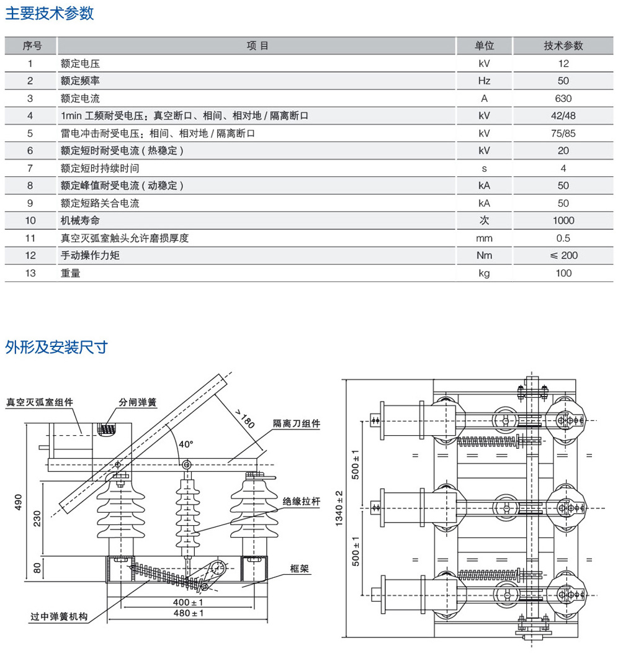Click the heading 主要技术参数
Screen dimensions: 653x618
click(x=50, y=14)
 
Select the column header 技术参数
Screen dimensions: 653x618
click(x=563, y=46)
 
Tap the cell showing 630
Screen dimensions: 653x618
click(x=563, y=98)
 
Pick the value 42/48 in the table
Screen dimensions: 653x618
click(x=563, y=116)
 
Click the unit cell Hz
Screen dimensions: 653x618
click(x=484, y=81)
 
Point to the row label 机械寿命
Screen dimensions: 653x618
click(x=80, y=220)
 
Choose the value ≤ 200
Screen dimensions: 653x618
click(x=563, y=255)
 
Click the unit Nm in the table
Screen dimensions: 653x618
click(x=484, y=255)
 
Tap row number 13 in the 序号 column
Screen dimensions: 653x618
click(x=30, y=272)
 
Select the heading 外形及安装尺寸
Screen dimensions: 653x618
click(x=56, y=347)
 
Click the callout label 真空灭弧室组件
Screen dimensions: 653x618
click(x=40, y=402)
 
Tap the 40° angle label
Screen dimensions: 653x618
click(x=186, y=444)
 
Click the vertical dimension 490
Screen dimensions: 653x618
click(x=18, y=502)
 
